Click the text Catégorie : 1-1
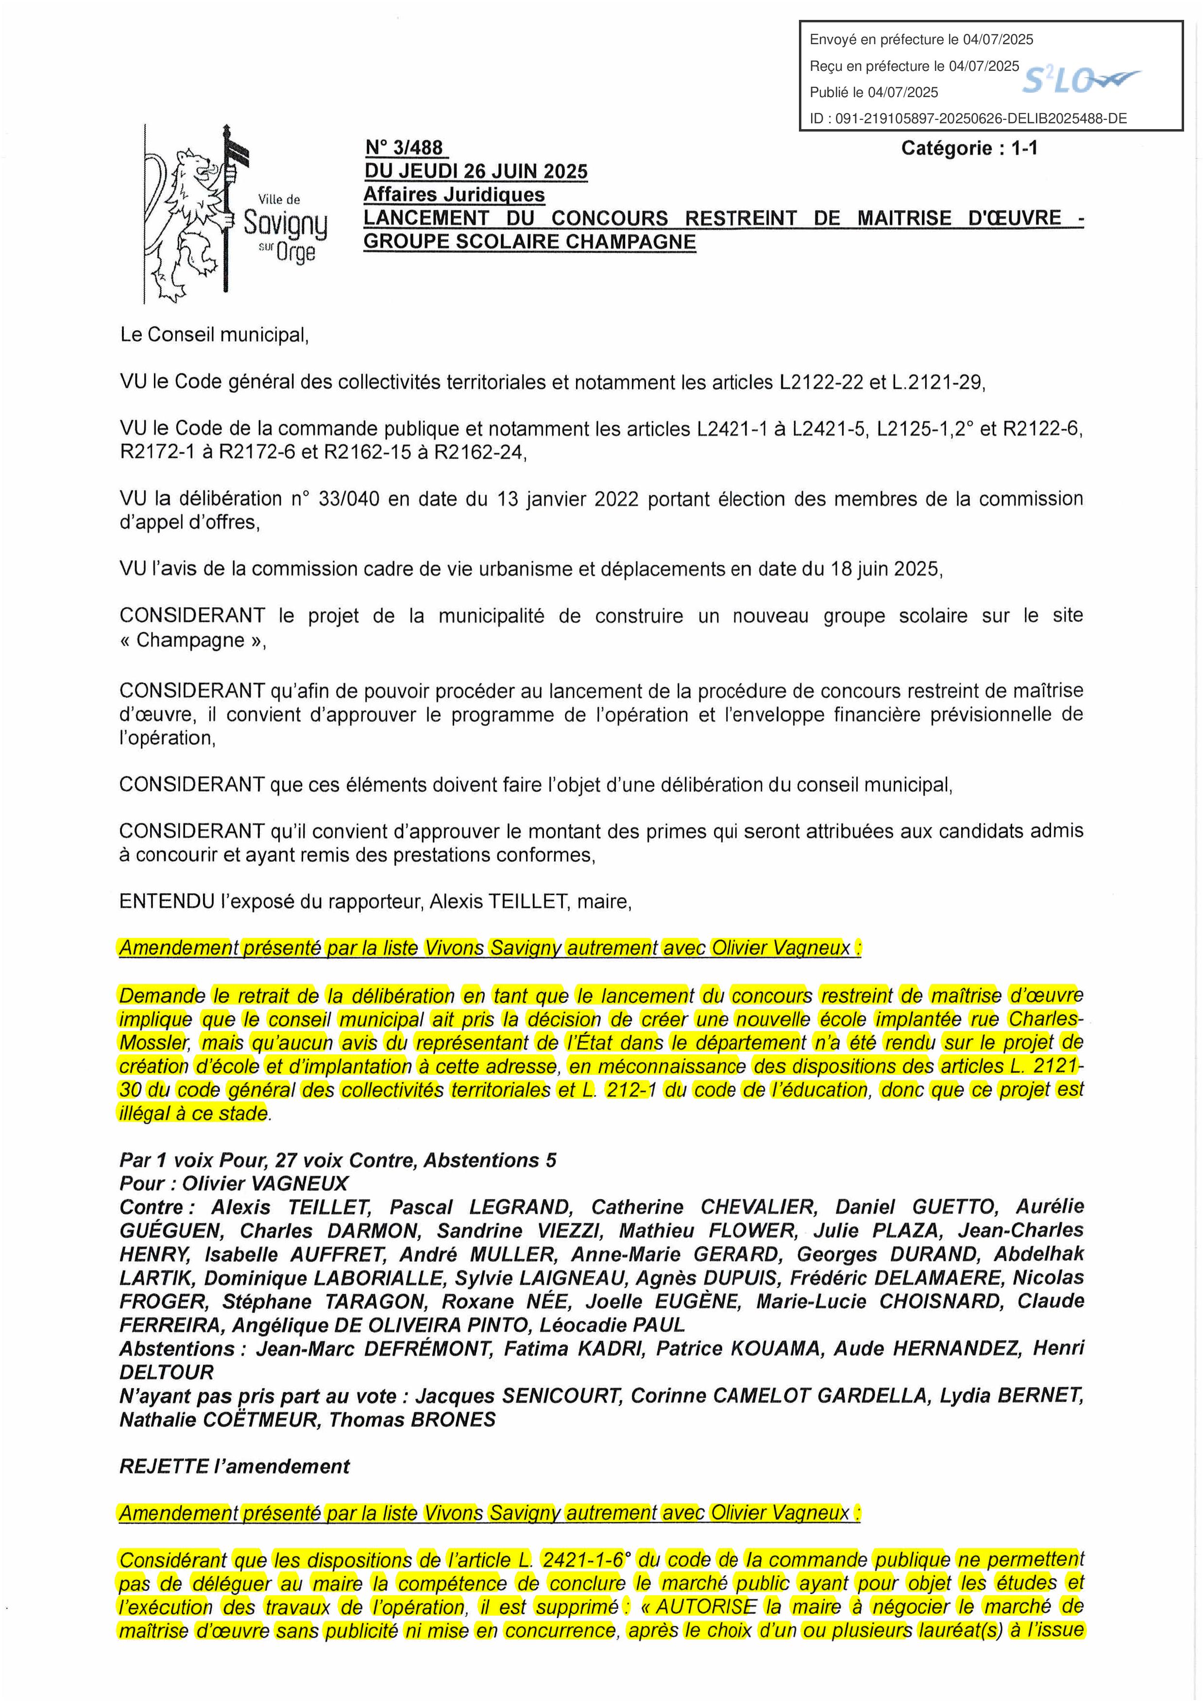click(969, 149)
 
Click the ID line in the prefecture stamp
click(968, 118)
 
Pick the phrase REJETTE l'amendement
click(235, 1467)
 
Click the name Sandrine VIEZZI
click(520, 1231)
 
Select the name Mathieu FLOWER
click(709, 1231)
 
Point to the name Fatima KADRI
click(574, 1349)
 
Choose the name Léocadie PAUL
click(612, 1325)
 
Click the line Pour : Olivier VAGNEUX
click(234, 1183)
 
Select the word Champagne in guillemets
click(191, 640)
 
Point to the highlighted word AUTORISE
click(706, 1606)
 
